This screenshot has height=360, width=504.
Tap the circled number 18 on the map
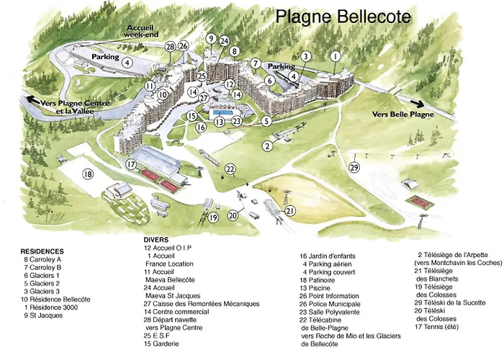(88, 174)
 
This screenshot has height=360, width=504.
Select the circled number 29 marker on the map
(354, 167)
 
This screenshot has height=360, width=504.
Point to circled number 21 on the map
(290, 210)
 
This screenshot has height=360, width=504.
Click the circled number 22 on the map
(230, 169)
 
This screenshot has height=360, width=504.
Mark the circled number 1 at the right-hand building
(335, 55)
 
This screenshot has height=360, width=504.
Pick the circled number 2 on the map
(267, 146)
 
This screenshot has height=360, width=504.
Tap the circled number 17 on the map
(132, 164)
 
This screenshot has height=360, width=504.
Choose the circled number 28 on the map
(170, 47)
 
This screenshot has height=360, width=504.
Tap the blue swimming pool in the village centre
(222, 113)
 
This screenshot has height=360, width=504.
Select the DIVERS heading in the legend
(157, 239)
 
